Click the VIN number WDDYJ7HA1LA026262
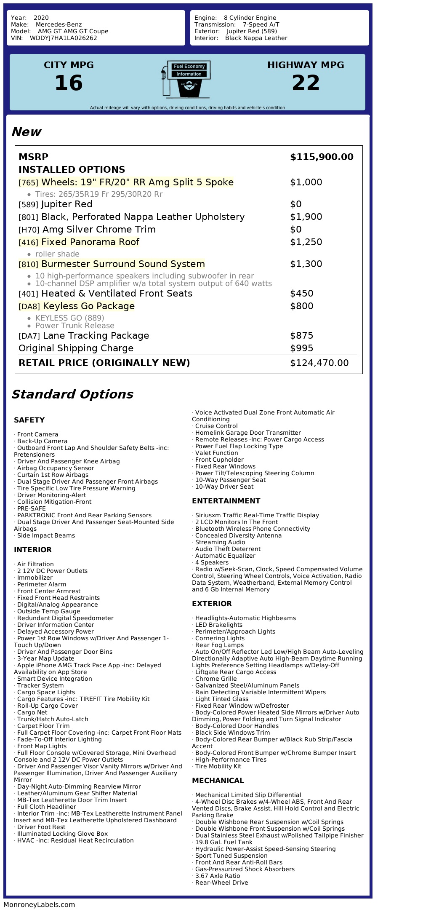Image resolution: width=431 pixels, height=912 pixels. tap(63, 38)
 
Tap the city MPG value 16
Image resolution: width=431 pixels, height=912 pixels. tap(69, 83)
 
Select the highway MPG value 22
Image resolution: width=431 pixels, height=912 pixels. tap(306, 83)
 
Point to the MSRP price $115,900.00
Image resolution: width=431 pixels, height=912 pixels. tap(322, 157)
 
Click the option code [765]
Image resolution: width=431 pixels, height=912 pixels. tap(28, 183)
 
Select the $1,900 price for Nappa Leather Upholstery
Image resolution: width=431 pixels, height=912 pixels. tap(306, 217)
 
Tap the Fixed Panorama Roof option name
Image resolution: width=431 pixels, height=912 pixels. tap(90, 242)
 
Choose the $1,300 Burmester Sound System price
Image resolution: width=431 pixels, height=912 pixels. tap(306, 264)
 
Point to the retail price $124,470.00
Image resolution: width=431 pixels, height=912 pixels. tap(319, 363)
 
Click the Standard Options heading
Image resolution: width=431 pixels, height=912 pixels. tap(72, 394)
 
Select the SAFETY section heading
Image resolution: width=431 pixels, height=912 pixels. tap(29, 420)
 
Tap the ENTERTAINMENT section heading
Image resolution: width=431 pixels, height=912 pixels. tap(226, 501)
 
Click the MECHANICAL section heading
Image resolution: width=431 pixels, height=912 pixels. tap(218, 781)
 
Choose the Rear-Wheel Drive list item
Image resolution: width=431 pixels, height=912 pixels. tap(221, 883)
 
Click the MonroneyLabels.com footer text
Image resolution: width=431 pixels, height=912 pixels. tap(39, 904)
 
